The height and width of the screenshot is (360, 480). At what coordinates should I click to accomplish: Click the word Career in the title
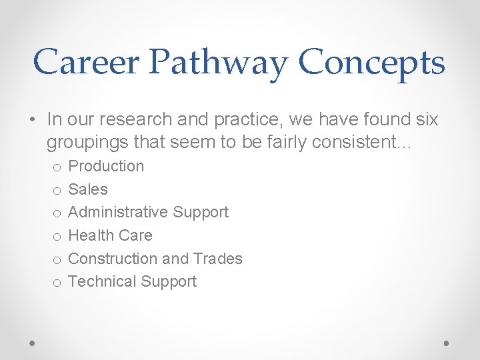pos(86,63)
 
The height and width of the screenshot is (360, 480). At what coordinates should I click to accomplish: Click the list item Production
pos(106,166)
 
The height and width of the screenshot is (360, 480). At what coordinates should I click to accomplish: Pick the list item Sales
pos(88,189)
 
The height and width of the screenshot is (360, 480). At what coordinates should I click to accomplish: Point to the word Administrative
pos(118,212)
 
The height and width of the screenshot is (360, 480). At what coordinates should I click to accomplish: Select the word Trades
pos(217,259)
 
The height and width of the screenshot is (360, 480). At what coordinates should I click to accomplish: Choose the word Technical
pos(101,281)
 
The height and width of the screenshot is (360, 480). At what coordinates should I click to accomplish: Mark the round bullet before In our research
pos(33,120)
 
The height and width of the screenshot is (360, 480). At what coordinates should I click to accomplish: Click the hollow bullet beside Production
pos(57,167)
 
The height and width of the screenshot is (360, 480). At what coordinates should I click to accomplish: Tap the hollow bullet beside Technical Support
pos(57,283)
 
